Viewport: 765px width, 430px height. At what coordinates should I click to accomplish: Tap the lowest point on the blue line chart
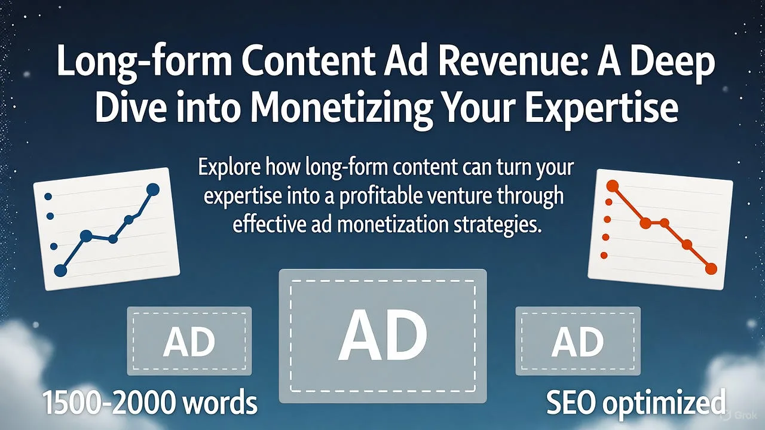[x=60, y=271]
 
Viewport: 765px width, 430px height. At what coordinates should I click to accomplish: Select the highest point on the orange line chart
[x=613, y=186]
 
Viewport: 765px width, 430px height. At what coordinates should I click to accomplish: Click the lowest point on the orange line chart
[x=711, y=269]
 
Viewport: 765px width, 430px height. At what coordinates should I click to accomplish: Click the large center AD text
[x=382, y=335]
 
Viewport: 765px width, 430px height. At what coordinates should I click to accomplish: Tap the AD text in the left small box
[x=189, y=342]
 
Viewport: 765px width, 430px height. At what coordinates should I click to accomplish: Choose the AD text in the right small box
[x=578, y=342]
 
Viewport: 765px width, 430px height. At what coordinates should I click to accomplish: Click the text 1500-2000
[x=110, y=403]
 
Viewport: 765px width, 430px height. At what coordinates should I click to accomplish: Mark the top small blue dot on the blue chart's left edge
[x=48, y=196]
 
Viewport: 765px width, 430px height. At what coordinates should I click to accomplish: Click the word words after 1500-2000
[x=219, y=403]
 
